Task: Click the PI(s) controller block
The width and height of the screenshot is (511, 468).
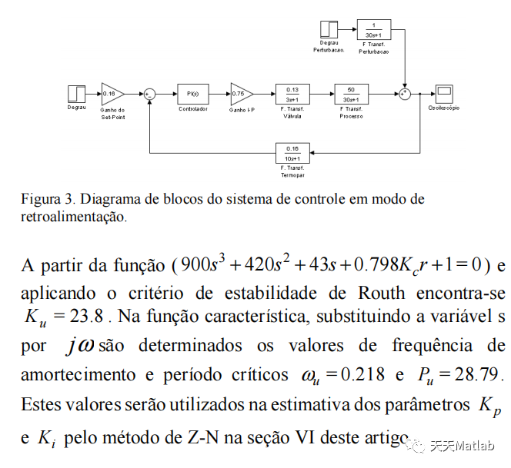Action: point(192,94)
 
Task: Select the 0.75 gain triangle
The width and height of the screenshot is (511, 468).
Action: point(240,94)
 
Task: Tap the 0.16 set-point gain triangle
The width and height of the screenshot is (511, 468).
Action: point(112,94)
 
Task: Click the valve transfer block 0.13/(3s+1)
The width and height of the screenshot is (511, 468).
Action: point(292,94)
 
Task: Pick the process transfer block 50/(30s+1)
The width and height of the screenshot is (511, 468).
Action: point(351,94)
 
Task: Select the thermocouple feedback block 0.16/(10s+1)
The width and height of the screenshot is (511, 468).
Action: point(292,152)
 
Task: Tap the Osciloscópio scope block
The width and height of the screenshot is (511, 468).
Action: point(443,94)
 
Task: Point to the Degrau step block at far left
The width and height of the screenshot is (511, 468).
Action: point(77,94)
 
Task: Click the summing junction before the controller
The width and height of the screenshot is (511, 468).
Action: point(150,94)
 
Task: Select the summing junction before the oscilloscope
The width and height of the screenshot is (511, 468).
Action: point(405,94)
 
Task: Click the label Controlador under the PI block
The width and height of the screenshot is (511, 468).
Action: point(192,109)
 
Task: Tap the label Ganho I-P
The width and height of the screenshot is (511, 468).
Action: point(241,109)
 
